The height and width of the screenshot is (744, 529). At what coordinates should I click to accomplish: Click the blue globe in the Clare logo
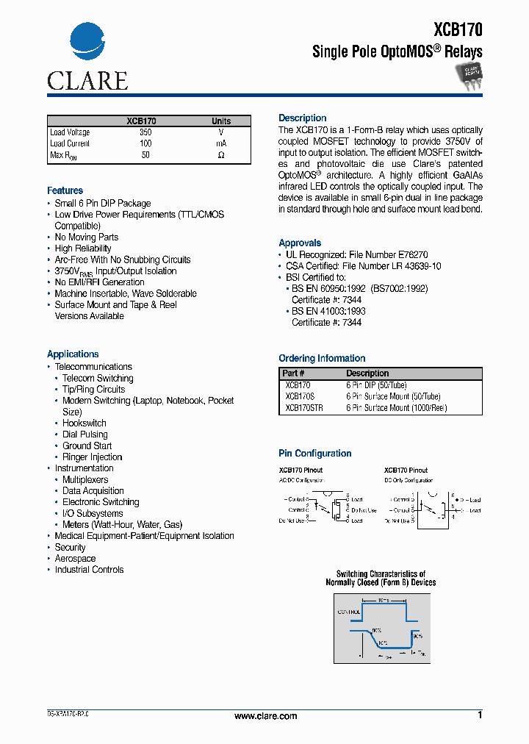pos(87,46)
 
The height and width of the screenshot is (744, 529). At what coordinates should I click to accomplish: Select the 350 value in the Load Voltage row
pos(145,132)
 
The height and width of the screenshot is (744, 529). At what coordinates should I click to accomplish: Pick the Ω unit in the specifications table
pos(221,155)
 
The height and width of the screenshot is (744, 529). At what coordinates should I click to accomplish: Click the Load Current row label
pos(70,143)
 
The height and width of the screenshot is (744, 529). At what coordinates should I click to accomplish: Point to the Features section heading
pos(65,190)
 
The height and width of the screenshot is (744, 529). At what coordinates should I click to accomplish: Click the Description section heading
pos(302,118)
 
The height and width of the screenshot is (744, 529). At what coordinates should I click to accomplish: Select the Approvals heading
pos(300,243)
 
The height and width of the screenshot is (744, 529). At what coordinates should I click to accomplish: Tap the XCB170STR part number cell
pos(303,407)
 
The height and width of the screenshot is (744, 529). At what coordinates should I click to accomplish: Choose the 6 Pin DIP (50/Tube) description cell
pos(376,385)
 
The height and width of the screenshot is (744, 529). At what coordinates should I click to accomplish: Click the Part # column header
pos(294,373)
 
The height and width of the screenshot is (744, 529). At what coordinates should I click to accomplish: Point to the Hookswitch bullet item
pos(84,423)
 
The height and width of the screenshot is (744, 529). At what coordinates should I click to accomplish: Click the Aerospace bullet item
pos(75,559)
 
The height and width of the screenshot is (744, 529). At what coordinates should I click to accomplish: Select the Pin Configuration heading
pos(314,454)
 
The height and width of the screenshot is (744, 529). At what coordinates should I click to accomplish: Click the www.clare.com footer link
pos(265,716)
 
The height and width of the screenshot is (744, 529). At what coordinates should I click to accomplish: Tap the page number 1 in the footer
pos(480,715)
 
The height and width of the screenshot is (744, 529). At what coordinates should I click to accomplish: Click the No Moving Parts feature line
pos(86,237)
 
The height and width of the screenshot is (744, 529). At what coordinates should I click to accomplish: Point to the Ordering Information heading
pos(322,359)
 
